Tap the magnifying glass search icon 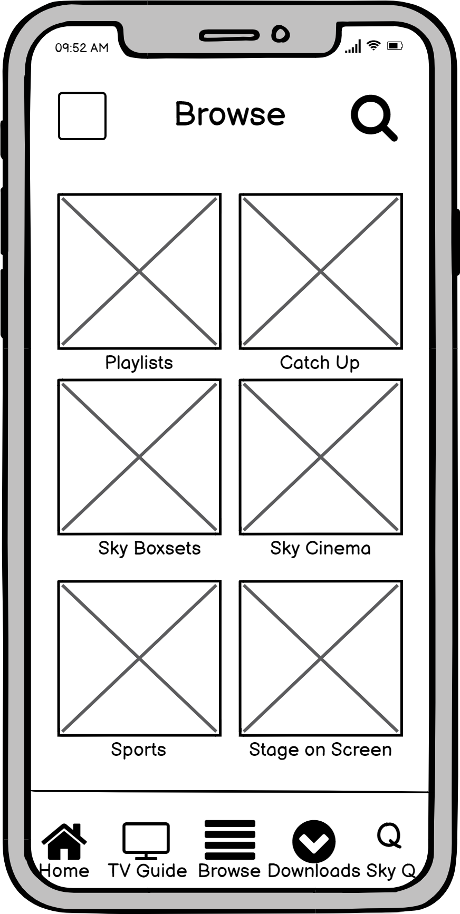click(373, 117)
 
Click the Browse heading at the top click(230, 114)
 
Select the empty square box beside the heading click(82, 116)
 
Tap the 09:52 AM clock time click(82, 48)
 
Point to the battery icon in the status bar click(395, 46)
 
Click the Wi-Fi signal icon click(373, 45)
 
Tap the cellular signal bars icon click(353, 47)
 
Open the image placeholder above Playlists click(139, 271)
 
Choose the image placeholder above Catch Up click(321, 271)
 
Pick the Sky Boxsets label click(149, 548)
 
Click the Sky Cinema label click(320, 548)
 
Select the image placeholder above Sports click(139, 658)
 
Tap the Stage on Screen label click(320, 750)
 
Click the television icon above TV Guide click(146, 838)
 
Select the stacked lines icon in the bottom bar click(230, 840)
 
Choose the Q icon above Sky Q click(389, 835)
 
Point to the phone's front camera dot click(281, 34)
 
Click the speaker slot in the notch click(229, 36)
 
